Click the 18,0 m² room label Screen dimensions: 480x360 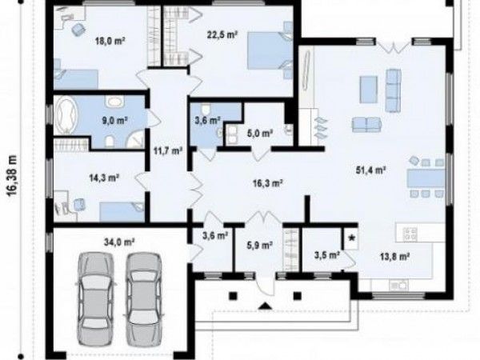tap(110, 41)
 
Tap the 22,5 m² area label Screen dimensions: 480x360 tap(222, 34)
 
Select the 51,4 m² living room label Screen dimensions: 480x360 tap(370, 170)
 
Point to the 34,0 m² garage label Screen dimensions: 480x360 tap(119, 242)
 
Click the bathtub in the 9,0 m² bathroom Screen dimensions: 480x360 tap(66, 114)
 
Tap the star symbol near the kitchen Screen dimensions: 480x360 tap(352, 238)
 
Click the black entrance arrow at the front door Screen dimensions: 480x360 tap(265, 306)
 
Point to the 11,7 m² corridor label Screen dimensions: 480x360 tap(168, 150)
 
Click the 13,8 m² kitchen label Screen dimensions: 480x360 tap(395, 256)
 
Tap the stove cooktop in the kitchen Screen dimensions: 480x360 tap(410, 234)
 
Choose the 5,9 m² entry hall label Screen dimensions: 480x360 tap(259, 246)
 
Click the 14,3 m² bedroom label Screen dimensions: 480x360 tap(104, 178)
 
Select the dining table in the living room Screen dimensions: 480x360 tap(426, 178)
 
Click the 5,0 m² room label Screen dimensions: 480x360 tap(259, 133)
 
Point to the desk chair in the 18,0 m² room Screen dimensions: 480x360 tap(78, 30)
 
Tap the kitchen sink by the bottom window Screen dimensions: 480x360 tap(398, 285)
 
